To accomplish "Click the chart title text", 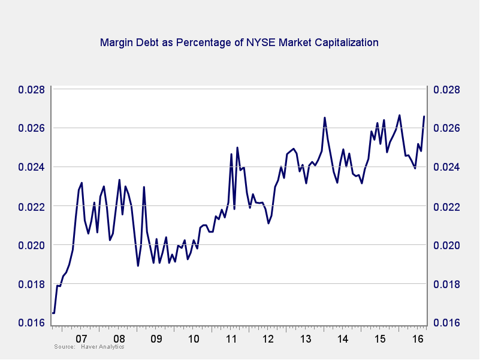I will coord(239,43).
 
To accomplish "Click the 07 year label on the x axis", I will coord(82,339).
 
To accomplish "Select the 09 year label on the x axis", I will coord(156,339).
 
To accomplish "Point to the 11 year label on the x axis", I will coord(231,339).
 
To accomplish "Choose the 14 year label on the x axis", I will coord(343,339).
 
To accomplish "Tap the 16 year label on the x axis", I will coord(418,339).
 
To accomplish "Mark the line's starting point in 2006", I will coord(53,313).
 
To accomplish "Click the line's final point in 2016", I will coord(424,116).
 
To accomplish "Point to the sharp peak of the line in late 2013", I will coord(325,117).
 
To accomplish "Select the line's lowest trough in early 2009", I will coord(138,265).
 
